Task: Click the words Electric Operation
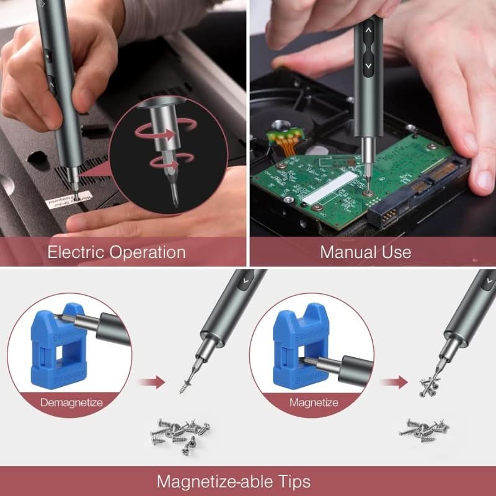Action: pyautogui.click(x=117, y=252)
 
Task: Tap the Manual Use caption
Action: pyautogui.click(x=365, y=252)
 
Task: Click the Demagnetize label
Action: pyautogui.click(x=71, y=402)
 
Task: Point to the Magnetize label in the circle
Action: pyautogui.click(x=314, y=402)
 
